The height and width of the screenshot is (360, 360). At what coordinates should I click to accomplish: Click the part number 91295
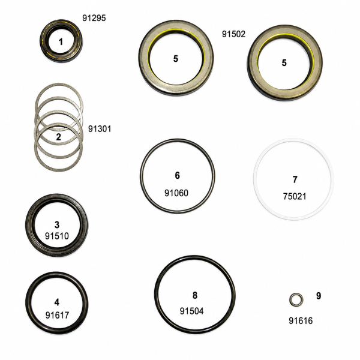click(94, 18)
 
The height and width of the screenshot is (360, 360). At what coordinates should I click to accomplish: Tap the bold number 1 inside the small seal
click(61, 42)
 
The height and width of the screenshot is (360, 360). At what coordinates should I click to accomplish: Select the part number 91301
click(100, 129)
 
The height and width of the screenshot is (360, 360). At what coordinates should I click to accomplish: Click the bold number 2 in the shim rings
click(59, 137)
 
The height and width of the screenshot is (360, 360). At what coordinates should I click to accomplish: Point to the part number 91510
click(57, 236)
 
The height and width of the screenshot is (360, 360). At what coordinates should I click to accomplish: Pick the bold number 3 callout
click(57, 224)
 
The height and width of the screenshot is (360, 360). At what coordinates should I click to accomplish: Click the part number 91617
click(57, 315)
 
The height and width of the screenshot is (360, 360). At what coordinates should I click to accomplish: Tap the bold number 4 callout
click(57, 302)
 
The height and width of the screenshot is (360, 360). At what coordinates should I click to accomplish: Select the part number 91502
click(233, 34)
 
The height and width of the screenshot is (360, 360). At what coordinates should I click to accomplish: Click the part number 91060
click(176, 193)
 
